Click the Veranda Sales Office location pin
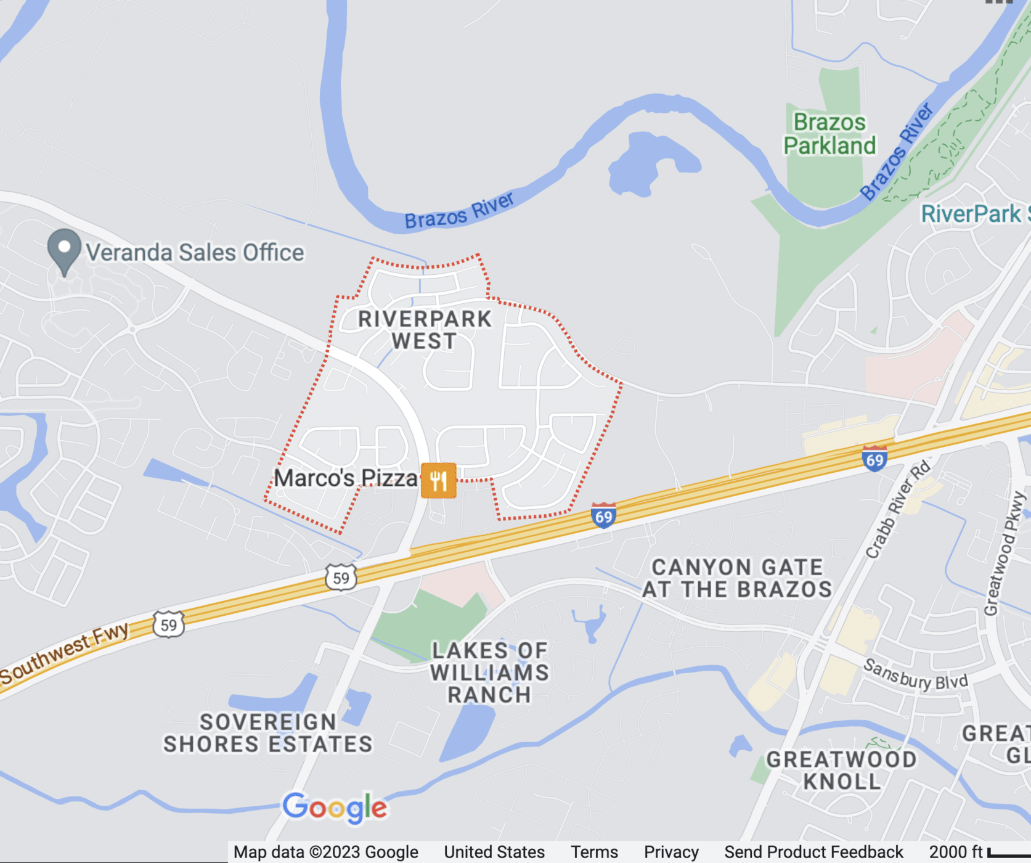point(64,250)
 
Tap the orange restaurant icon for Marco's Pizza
point(438,480)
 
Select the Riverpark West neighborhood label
point(425,330)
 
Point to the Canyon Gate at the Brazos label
point(736,578)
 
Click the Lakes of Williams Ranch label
point(489,672)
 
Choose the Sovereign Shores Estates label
point(268,733)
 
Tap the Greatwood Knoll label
point(841,771)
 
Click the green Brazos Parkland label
point(829,134)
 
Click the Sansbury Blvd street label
point(915,674)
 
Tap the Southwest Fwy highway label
point(65,653)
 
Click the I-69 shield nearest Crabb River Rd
point(874,459)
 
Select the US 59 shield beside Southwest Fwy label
point(168,624)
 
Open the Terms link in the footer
point(594,852)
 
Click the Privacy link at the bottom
point(671,852)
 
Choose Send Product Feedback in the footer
point(813,852)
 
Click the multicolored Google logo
point(335,807)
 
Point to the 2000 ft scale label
point(955,852)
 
